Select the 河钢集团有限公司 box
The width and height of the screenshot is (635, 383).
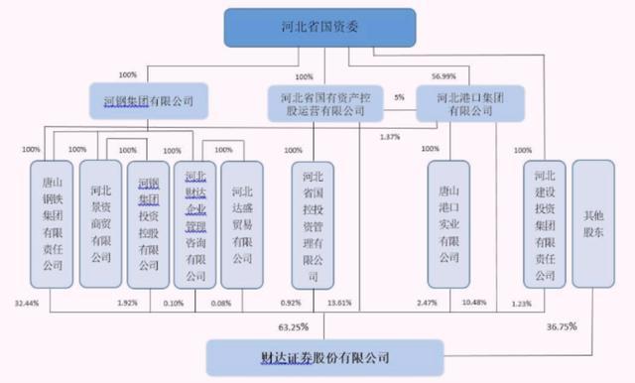pos(149,100)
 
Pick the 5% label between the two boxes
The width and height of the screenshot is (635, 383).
pos(399,97)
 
